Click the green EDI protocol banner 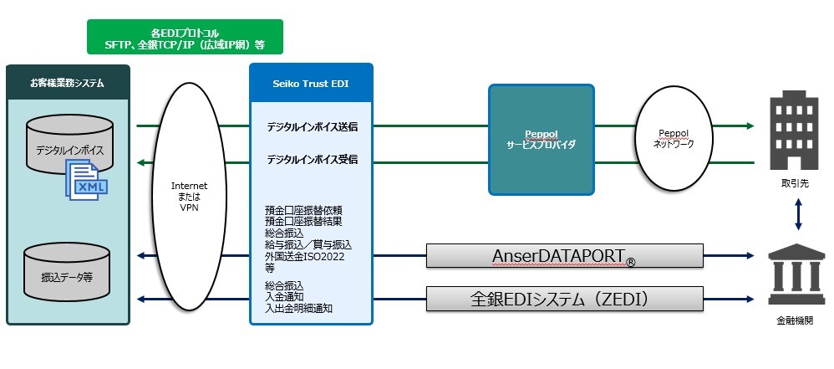[x=185, y=37]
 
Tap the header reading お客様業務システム [x=67, y=82]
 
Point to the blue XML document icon [x=88, y=181]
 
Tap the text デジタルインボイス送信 [x=312, y=128]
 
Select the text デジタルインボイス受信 [x=312, y=159]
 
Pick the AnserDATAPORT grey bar [x=564, y=255]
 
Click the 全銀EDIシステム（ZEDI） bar [x=564, y=298]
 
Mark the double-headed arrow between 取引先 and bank [x=799, y=213]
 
